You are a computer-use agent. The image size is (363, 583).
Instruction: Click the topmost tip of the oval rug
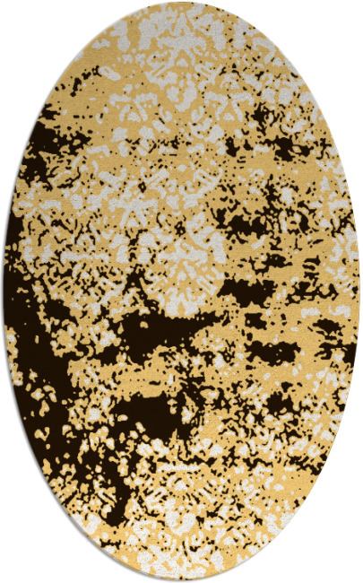coord(181,3)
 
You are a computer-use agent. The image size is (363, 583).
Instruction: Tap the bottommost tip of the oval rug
coord(181,580)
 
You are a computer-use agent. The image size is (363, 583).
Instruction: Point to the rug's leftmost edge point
coord(4,291)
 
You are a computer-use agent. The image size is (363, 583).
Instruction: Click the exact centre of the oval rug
coord(181,291)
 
